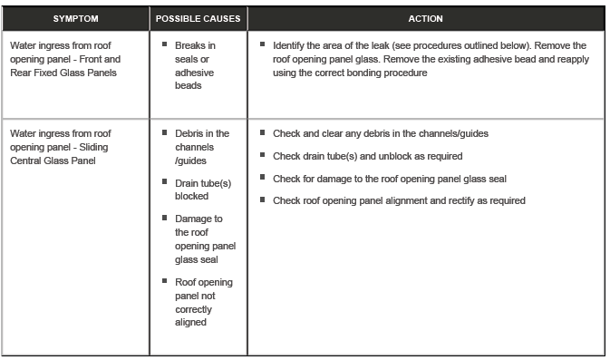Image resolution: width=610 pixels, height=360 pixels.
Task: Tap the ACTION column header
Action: point(425,18)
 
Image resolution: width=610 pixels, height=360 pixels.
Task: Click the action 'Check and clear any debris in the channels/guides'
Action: point(381,133)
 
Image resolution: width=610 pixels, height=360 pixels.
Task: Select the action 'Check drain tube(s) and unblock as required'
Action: point(367,155)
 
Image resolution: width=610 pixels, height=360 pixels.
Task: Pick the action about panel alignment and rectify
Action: point(399,200)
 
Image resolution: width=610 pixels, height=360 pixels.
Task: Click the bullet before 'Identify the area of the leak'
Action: point(263,44)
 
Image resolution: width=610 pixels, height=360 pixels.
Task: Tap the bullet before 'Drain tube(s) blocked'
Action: point(165,183)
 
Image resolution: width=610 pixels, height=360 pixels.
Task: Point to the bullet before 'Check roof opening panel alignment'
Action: point(263,199)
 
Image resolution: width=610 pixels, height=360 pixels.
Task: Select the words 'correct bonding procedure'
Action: point(378,73)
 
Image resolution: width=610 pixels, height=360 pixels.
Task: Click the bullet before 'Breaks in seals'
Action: point(165,44)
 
